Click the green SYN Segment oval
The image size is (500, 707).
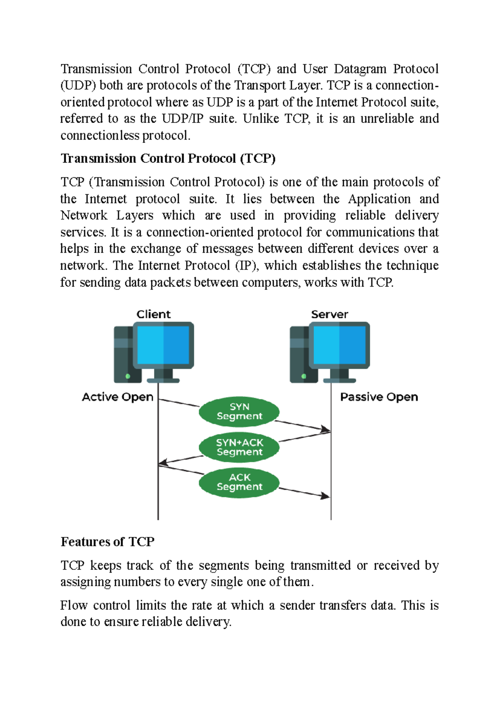click(x=239, y=411)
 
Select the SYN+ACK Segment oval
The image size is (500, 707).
click(x=239, y=447)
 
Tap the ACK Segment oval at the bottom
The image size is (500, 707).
click(x=239, y=482)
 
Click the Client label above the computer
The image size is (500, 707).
click(x=153, y=314)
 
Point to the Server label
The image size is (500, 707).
click(x=329, y=314)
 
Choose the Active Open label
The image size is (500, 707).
click(x=117, y=397)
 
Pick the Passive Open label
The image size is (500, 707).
click(x=379, y=397)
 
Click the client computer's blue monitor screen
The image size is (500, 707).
click(x=163, y=345)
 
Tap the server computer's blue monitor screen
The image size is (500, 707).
click(x=339, y=345)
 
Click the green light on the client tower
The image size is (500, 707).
click(x=127, y=376)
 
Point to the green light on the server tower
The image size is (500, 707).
click(x=304, y=376)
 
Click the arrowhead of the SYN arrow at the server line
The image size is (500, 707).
click(x=326, y=430)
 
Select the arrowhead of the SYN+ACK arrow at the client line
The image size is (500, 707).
click(x=163, y=463)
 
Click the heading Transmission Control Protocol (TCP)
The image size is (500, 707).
click(x=168, y=158)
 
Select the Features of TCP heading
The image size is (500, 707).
click(x=107, y=542)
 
